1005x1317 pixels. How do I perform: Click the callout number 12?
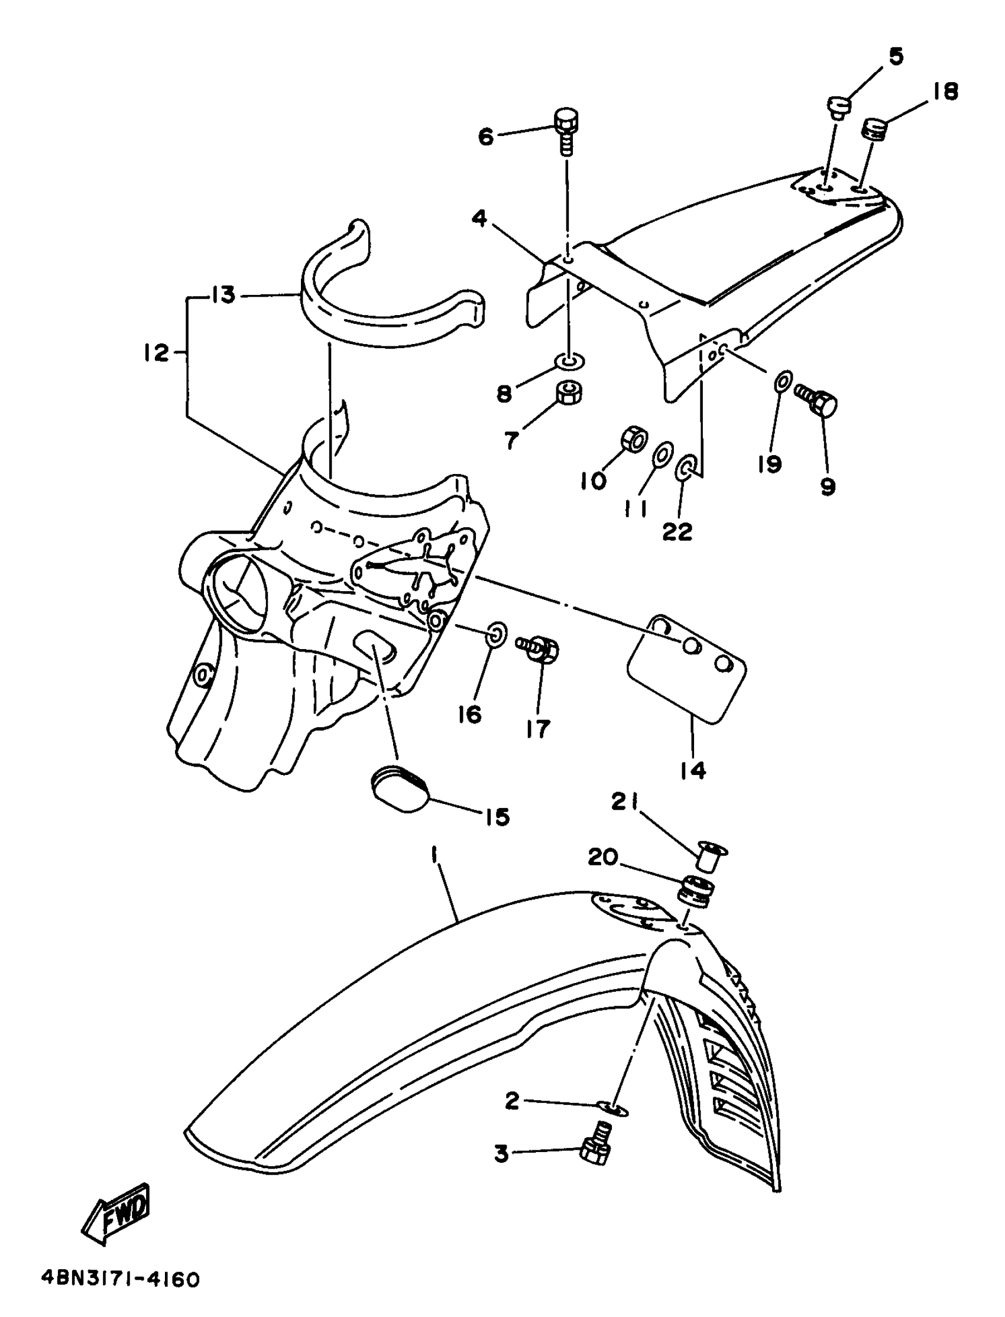156,353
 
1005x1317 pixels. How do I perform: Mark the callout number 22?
677,530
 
